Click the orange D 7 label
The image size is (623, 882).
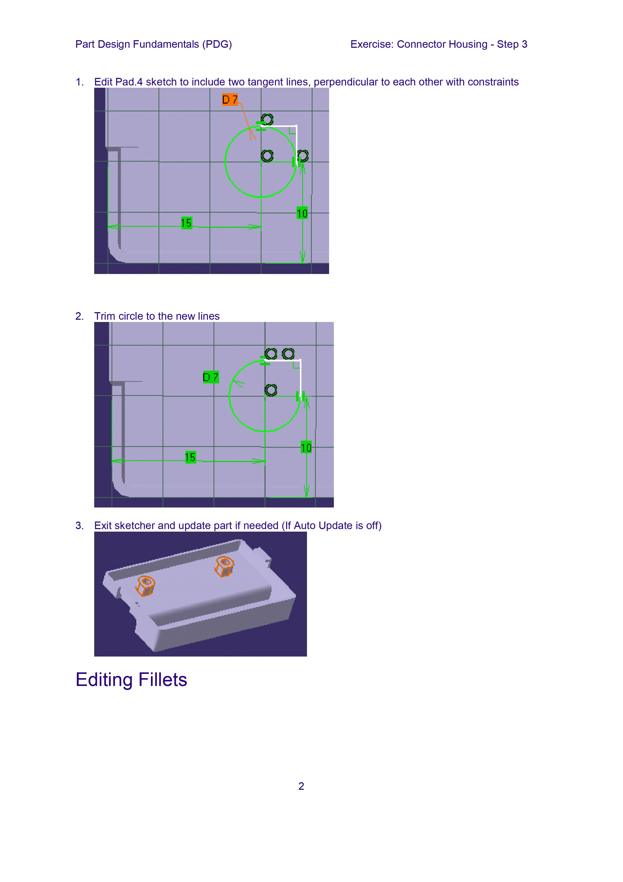[230, 100]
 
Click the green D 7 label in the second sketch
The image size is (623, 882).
[211, 377]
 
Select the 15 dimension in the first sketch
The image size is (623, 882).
[187, 223]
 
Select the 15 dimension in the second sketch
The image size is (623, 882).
[190, 457]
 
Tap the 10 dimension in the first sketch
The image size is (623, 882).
[302, 213]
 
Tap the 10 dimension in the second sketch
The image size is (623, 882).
[306, 447]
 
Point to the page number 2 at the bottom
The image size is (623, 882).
[301, 786]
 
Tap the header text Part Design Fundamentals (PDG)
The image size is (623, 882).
[153, 44]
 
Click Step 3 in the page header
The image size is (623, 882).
[512, 44]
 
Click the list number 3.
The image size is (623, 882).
[79, 526]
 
